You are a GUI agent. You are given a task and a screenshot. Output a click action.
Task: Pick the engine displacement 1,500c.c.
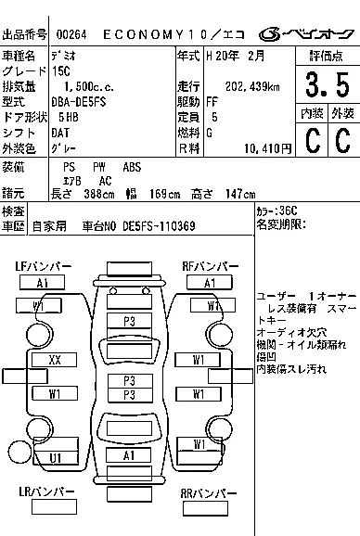coord(77,86)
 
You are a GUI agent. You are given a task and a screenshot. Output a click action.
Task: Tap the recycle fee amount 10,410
coord(263,147)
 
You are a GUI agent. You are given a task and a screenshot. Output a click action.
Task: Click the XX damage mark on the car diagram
coord(55,359)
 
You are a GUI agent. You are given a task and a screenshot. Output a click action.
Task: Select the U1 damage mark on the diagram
coord(56,457)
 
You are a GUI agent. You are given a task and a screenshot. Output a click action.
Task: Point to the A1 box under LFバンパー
coord(43,283)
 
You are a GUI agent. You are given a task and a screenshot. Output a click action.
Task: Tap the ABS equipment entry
coord(132,166)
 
